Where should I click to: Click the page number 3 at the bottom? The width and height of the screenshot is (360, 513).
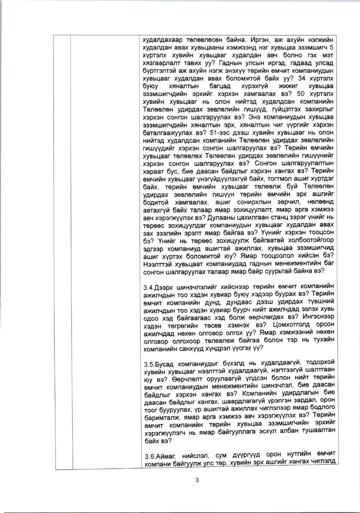pos(197,480)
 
